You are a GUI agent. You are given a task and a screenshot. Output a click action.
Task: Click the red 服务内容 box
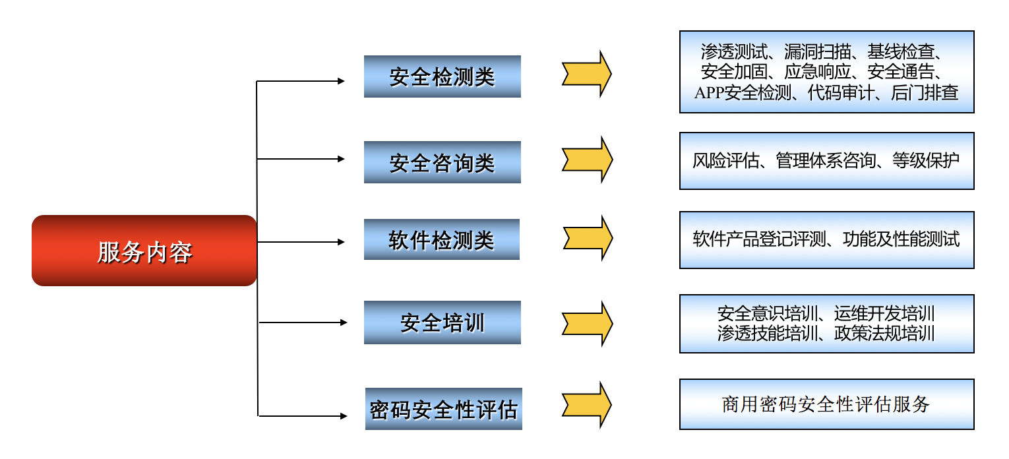(x=144, y=251)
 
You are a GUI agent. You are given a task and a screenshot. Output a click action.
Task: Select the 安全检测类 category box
(x=443, y=76)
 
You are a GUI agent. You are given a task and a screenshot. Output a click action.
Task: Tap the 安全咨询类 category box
(x=443, y=162)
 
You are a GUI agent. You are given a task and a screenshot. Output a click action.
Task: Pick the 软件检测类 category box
(x=441, y=239)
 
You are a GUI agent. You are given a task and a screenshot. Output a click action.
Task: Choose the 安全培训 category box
(x=443, y=322)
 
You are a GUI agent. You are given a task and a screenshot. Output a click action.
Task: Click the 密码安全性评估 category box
(x=444, y=409)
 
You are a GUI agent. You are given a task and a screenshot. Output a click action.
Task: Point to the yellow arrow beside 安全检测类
(x=586, y=74)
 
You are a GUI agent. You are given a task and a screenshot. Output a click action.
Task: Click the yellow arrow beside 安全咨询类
(x=588, y=160)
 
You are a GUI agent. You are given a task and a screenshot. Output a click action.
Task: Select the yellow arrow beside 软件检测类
(x=588, y=238)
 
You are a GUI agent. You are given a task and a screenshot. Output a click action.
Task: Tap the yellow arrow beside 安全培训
(x=588, y=323)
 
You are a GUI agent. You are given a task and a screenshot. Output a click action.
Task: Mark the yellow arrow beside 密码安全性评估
(x=586, y=404)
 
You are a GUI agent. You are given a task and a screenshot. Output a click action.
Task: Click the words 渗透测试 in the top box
(x=734, y=52)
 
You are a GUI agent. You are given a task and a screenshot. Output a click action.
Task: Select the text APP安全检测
(x=743, y=93)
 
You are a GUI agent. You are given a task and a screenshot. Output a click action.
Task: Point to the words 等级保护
(x=926, y=160)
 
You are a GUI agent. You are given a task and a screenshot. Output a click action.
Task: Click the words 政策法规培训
(x=884, y=333)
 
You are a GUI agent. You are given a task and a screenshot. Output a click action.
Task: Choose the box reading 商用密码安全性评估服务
(x=826, y=404)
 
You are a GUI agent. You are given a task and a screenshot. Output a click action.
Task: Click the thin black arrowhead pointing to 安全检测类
(x=341, y=81)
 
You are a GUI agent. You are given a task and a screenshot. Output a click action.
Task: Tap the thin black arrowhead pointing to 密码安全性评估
(x=344, y=415)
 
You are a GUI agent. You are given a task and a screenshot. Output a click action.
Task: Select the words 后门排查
(x=925, y=93)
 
